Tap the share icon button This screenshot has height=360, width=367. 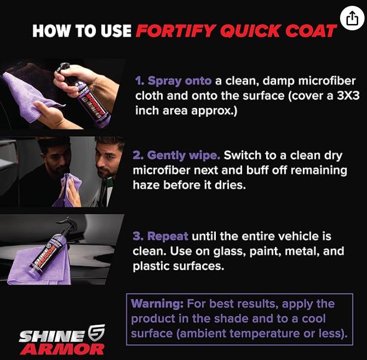click(x=352, y=18)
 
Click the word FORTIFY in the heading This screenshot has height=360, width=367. click(x=175, y=31)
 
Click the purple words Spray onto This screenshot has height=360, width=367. click(x=173, y=81)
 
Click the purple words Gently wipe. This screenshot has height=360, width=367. click(x=177, y=156)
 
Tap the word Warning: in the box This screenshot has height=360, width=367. click(x=157, y=304)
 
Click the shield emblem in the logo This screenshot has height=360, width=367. click(x=96, y=333)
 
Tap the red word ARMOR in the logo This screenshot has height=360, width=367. click(x=63, y=349)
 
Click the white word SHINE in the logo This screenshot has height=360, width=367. click(x=51, y=337)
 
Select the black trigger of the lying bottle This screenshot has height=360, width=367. click(x=69, y=225)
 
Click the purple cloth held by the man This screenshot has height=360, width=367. click(x=68, y=189)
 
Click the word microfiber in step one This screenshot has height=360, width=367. click(x=327, y=81)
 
